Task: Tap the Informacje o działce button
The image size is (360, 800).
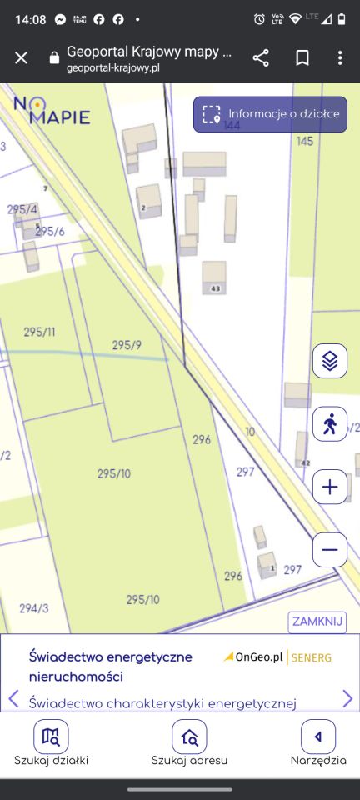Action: [x=271, y=114]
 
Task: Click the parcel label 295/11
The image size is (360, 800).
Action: [x=39, y=332]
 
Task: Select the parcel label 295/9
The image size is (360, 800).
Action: [x=127, y=344]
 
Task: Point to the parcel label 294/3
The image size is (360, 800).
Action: [x=34, y=608]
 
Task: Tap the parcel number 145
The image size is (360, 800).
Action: [x=305, y=141]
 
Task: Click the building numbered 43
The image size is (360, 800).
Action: [x=214, y=277]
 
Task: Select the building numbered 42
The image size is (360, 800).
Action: [x=302, y=450]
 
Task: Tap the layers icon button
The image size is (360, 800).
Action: [x=330, y=361]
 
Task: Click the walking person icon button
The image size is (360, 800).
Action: [x=330, y=423]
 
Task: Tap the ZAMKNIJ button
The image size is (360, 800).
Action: [x=317, y=622]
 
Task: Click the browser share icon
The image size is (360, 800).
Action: [x=261, y=57]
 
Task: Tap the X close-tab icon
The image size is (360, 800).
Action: [x=22, y=57]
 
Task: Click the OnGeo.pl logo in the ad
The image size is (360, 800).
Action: [x=254, y=657]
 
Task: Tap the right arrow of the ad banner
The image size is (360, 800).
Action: [x=347, y=698]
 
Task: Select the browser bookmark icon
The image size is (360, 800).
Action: [x=302, y=57]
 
